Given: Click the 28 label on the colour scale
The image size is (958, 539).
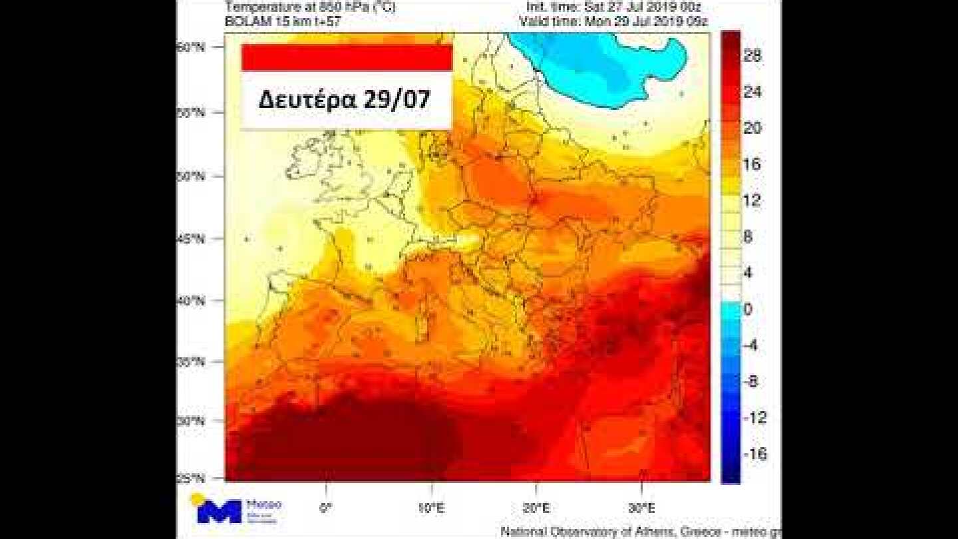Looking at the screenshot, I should (752, 56).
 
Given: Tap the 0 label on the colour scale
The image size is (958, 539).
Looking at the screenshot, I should (747, 309).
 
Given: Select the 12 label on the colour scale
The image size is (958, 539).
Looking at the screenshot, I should (752, 200).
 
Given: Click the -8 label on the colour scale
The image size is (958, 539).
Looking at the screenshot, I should (751, 381).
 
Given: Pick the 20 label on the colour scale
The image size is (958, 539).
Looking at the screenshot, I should (752, 128).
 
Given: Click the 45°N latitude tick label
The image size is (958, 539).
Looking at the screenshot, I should (190, 238).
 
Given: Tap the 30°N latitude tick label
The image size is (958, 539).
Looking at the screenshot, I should (190, 421).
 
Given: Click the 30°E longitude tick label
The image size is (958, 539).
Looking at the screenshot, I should (641, 508).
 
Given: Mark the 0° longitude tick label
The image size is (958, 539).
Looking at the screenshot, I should (326, 508).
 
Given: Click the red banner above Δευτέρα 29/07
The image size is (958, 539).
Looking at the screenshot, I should (347, 57).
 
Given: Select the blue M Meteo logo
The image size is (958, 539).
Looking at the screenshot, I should (220, 511).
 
